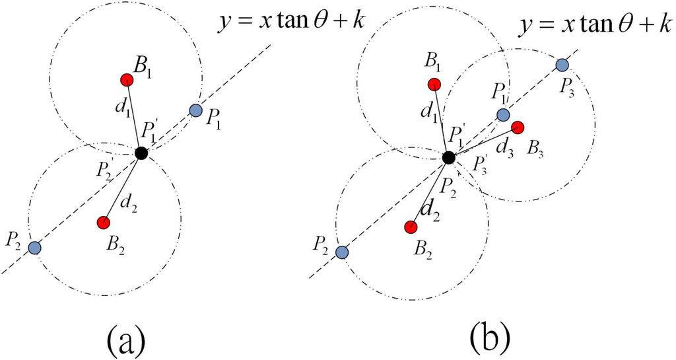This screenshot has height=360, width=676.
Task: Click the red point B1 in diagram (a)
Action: click(127, 80)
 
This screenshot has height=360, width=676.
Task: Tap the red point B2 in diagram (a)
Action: click(103, 223)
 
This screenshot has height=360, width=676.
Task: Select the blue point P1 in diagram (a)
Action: click(195, 110)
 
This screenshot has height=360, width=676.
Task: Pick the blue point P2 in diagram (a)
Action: click(35, 248)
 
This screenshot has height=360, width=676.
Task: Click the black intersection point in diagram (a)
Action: click(141, 153)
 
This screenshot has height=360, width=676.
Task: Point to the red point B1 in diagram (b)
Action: click(434, 85)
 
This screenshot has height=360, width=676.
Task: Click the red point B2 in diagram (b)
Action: click(410, 227)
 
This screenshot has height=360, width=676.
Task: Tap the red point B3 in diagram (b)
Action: click(518, 127)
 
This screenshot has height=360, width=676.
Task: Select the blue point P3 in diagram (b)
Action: click(562, 65)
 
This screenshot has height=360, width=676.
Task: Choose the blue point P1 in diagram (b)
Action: click(503, 115)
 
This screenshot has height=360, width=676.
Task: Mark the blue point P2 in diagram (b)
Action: click(342, 252)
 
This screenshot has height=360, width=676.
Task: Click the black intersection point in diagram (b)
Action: click(449, 157)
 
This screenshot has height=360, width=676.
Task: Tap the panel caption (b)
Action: click(489, 338)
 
